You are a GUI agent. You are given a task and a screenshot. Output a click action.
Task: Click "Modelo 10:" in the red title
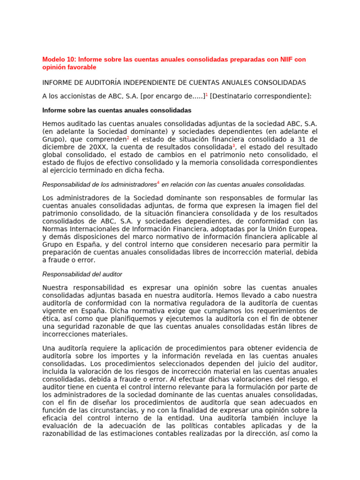59,60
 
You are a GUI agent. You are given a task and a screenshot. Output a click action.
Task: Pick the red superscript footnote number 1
207,94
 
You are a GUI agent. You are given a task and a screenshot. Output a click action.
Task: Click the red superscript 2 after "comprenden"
127,138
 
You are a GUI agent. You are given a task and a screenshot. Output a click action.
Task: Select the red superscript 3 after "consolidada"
234,146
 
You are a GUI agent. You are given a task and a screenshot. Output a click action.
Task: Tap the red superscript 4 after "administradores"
158,182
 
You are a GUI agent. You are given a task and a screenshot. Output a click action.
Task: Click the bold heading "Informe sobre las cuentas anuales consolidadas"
117,111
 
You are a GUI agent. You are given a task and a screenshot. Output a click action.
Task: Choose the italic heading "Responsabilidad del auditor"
82,274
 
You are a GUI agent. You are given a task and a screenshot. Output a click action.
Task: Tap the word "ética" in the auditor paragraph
51,319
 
